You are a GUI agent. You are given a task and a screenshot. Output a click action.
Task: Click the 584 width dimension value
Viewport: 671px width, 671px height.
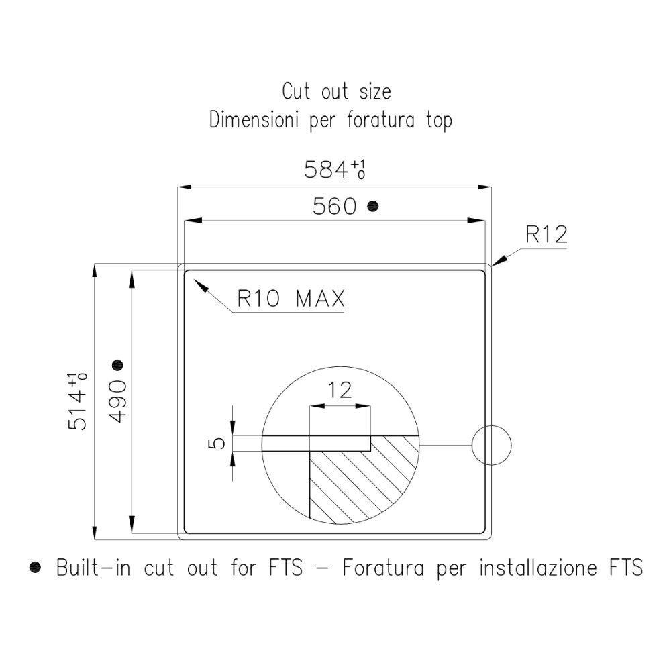pyautogui.click(x=334, y=170)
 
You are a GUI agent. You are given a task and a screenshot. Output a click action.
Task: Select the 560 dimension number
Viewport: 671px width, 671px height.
pyautogui.click(x=334, y=206)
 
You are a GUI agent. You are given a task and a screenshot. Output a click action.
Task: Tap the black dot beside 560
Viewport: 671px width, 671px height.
pyautogui.click(x=373, y=206)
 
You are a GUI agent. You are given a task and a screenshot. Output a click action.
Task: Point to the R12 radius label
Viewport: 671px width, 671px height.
pyautogui.click(x=546, y=234)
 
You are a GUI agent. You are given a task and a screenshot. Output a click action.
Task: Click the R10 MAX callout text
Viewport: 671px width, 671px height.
pyautogui.click(x=291, y=299)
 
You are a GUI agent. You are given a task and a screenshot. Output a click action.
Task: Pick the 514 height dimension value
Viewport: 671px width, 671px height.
pyautogui.click(x=77, y=401)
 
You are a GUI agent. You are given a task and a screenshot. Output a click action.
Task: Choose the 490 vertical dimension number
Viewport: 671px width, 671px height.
pyautogui.click(x=119, y=402)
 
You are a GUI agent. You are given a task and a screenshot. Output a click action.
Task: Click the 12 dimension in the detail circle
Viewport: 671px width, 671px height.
pyautogui.click(x=340, y=390)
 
